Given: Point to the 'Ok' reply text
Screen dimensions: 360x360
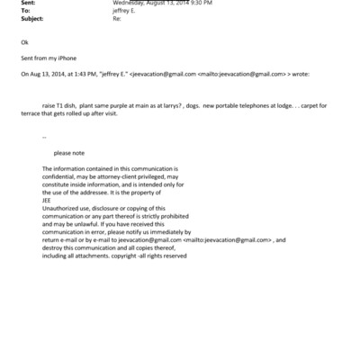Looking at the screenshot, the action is point(23,43).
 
